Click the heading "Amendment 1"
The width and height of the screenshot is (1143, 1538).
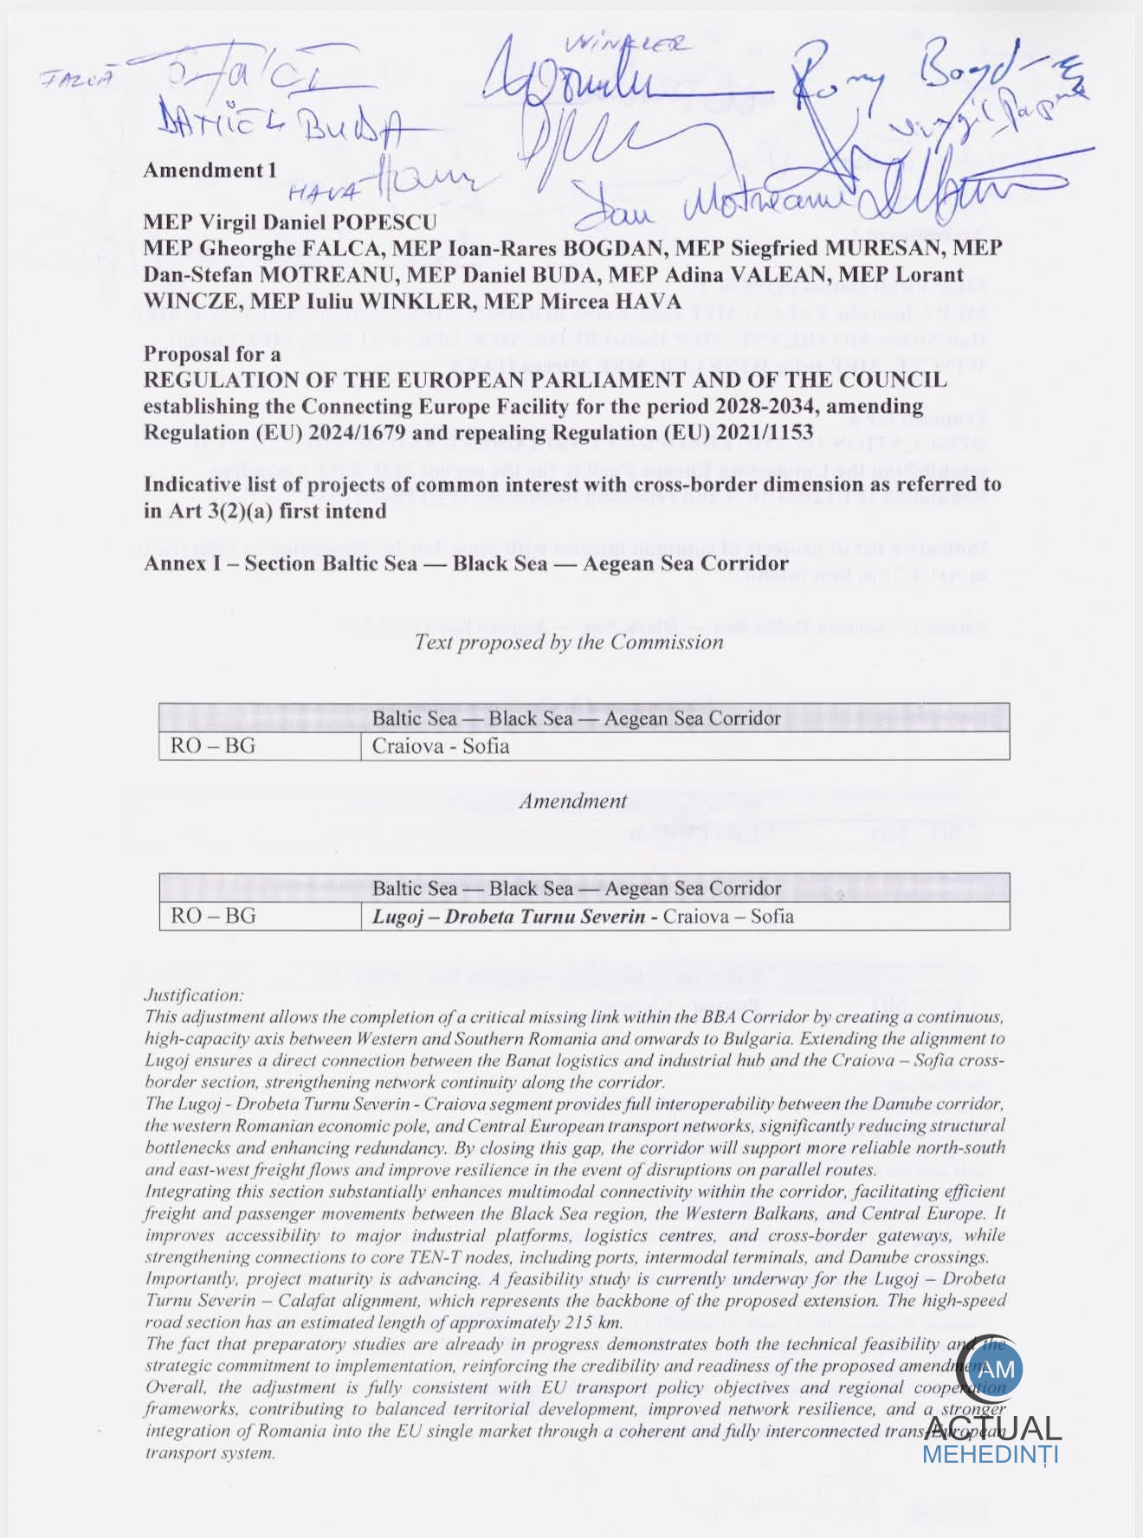coord(210,171)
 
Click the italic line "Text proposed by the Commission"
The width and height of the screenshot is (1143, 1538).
coord(568,642)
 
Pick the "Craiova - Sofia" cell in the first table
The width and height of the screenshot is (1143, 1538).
coord(440,746)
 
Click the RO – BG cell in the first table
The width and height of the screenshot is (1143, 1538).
coord(213,746)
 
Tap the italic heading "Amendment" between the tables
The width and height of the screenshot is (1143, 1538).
coord(572,801)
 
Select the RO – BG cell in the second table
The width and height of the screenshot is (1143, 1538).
coord(213,916)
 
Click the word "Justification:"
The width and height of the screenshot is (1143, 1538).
coord(194,995)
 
